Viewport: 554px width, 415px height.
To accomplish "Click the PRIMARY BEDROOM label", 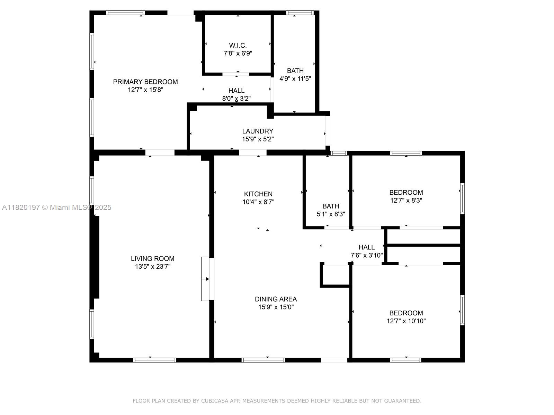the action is pyautogui.click(x=145, y=82).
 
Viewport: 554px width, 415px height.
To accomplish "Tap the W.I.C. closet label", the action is pyautogui.click(x=238, y=46).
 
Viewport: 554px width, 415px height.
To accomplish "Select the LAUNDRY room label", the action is pyautogui.click(x=258, y=131).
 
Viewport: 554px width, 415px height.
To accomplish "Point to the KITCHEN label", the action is pyautogui.click(x=258, y=194).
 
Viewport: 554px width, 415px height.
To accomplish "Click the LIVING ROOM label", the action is pyautogui.click(x=152, y=259).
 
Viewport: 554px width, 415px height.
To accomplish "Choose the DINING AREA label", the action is pyautogui.click(x=276, y=299).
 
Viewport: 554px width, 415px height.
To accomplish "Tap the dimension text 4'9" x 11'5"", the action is pyautogui.click(x=295, y=79).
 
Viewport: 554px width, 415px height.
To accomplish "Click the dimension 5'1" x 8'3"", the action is pyautogui.click(x=331, y=214).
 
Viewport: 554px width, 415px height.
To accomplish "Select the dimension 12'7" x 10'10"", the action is pyautogui.click(x=406, y=321).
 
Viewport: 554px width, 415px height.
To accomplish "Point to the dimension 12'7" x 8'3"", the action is pyautogui.click(x=406, y=200).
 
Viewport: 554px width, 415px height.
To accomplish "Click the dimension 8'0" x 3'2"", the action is pyautogui.click(x=236, y=99).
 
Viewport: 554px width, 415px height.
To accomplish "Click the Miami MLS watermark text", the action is pyautogui.click(x=56, y=207).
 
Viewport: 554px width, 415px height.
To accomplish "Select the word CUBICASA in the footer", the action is pyautogui.click(x=215, y=401).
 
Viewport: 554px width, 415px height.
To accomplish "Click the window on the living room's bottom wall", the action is pyautogui.click(x=154, y=360).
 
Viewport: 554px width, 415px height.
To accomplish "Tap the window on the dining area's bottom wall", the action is pyautogui.click(x=263, y=360).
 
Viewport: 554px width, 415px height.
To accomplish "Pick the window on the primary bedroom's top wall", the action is pyautogui.click(x=125, y=13).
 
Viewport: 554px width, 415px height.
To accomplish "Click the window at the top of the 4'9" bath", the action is pyautogui.click(x=300, y=13).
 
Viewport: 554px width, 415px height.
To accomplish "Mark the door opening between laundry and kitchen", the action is pyautogui.click(x=253, y=153).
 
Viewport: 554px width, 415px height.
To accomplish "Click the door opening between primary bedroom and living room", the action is pyautogui.click(x=160, y=153).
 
